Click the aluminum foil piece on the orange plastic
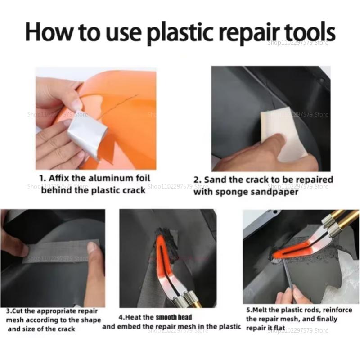[88, 132]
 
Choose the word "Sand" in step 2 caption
[217, 180]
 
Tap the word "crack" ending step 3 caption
[65, 329]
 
